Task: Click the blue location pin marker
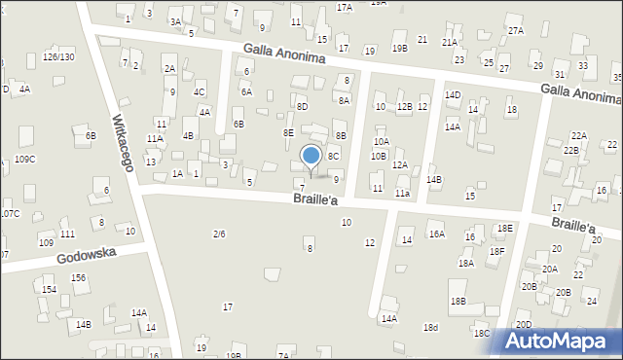311,157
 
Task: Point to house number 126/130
58,57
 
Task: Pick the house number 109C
25,159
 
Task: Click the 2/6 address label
219,234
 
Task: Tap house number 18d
430,327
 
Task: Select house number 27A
515,31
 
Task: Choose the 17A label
345,7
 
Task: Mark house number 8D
302,106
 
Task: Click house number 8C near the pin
333,156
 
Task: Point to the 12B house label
404,107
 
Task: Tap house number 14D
453,94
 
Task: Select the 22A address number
578,135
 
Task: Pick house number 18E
504,228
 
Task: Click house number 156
78,277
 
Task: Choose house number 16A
437,234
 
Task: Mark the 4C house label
199,92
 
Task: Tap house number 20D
524,325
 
